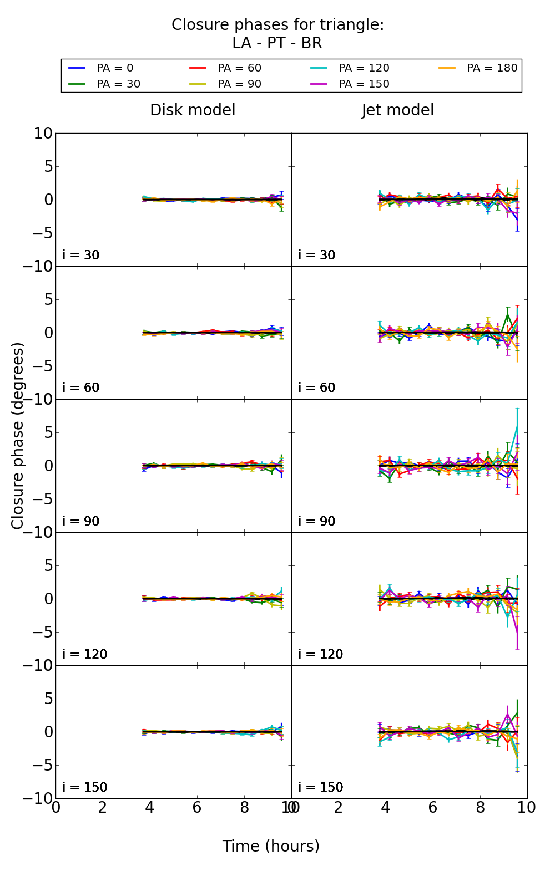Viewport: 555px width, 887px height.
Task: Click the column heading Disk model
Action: [193, 110]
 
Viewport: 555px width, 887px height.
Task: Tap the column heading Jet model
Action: [397, 110]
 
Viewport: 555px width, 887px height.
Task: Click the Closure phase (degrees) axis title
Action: [18, 436]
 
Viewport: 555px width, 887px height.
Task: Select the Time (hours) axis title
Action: [271, 846]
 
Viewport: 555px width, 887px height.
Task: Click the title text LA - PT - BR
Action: [277, 43]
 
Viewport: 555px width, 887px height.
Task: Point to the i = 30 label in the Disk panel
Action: [81, 255]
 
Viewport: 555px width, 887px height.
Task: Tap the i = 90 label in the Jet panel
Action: [317, 521]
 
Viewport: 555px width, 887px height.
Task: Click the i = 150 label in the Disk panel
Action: [85, 787]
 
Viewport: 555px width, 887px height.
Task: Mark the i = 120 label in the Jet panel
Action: [321, 654]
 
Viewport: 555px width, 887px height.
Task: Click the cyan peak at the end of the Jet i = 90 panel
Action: [518, 425]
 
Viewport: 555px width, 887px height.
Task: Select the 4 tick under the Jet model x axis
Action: [386, 807]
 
